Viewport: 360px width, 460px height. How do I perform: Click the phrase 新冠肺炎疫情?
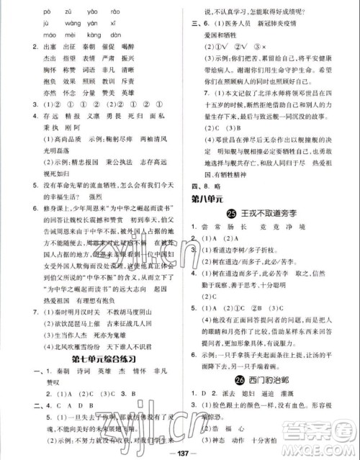pyautogui.click(x=283, y=22)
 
